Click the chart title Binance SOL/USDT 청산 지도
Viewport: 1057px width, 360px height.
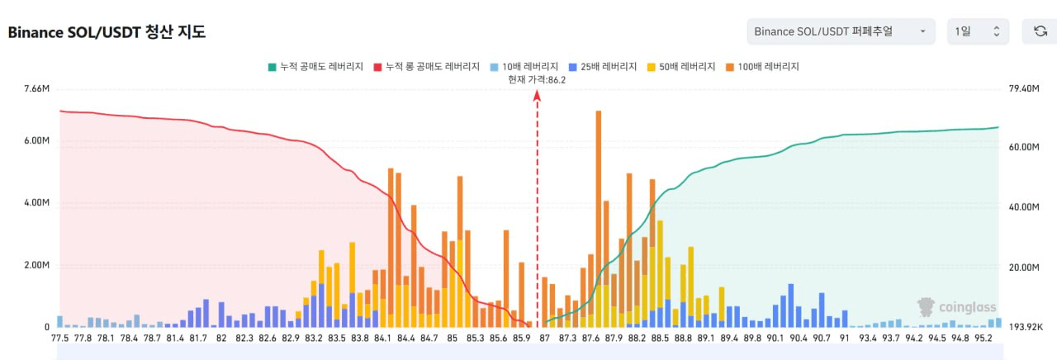coord(107,33)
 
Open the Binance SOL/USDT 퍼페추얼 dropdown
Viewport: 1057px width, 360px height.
coord(841,31)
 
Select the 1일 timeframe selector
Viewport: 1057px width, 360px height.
coord(978,31)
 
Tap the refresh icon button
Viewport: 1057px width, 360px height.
coord(1040,31)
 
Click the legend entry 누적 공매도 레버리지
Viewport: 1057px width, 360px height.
coord(316,66)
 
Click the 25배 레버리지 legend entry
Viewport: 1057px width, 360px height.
coord(603,66)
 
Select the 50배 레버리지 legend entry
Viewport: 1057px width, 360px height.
coord(682,66)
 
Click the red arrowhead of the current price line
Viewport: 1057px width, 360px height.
coord(537,95)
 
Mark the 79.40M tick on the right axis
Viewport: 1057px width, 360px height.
coord(1021,89)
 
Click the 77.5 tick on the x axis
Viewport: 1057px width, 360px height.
coord(59,338)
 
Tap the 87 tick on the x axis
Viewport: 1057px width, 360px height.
coord(544,338)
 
